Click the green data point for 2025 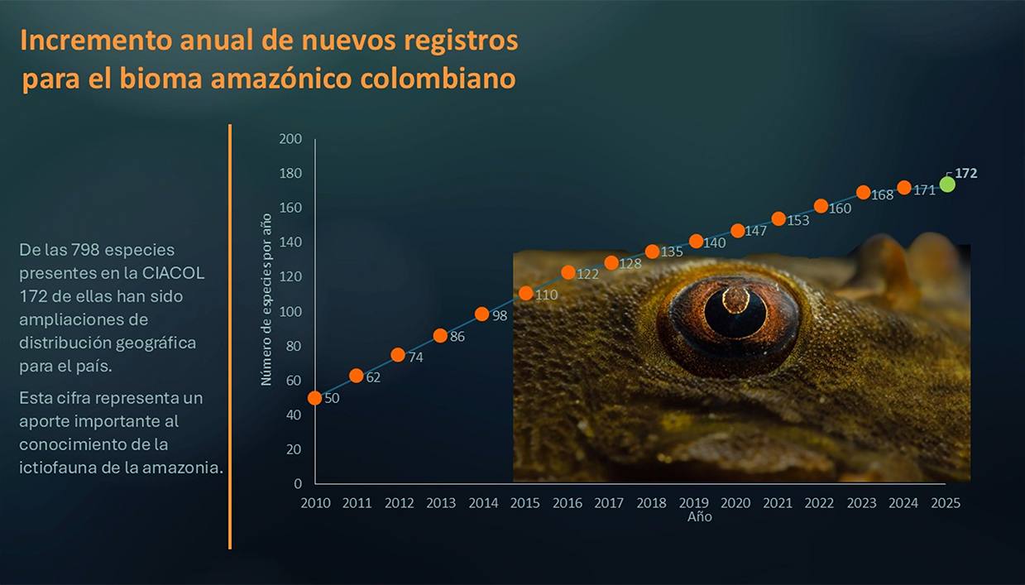click(x=947, y=185)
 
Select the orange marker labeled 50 click(x=314, y=398)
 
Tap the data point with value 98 click(x=482, y=314)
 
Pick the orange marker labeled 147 click(x=737, y=231)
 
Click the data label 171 click(x=924, y=190)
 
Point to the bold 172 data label click(x=965, y=174)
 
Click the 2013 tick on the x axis click(x=441, y=503)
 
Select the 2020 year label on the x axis click(x=735, y=503)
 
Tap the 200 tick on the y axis click(x=290, y=139)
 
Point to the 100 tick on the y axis click(x=290, y=312)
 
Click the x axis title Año click(x=699, y=517)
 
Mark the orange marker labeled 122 click(x=568, y=272)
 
